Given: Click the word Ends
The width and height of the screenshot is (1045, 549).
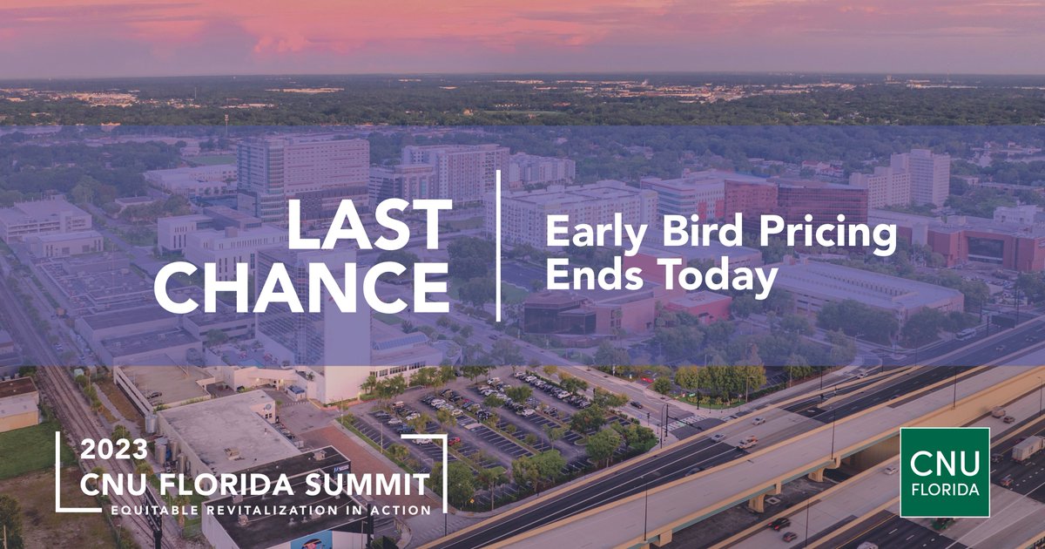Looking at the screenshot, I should click(592, 277).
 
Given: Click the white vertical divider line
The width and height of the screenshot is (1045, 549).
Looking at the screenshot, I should click(499, 246).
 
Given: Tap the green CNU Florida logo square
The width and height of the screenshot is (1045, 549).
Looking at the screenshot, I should click(944, 472).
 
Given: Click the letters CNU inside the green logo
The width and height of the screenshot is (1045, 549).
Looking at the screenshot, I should click(945, 463).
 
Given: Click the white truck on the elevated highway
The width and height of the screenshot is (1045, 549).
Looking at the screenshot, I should click(1026, 447).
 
